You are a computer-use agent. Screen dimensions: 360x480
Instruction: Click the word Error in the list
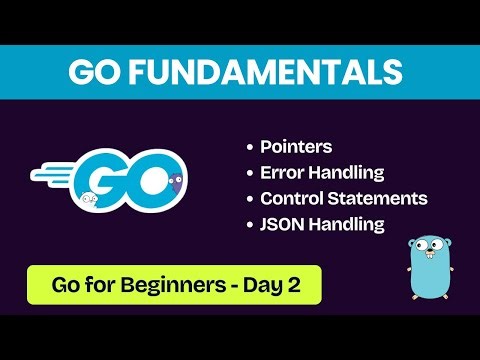point(284,172)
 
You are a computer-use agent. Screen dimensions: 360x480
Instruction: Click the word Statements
point(383,198)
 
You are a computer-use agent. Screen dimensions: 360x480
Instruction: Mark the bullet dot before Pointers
point(250,148)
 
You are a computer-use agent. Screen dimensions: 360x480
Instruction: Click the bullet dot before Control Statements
point(250,199)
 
